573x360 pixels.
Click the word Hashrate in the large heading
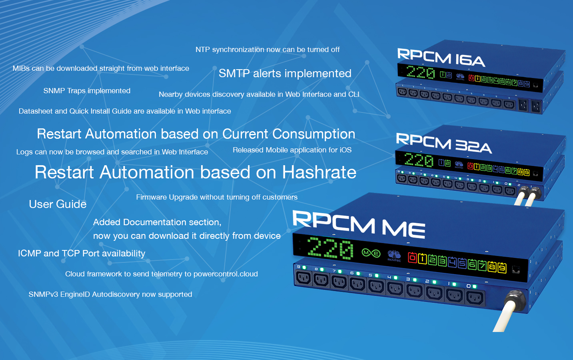click(x=319, y=172)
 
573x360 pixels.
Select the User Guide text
click(x=58, y=204)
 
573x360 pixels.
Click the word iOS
click(x=345, y=150)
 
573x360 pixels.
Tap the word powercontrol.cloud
click(x=226, y=274)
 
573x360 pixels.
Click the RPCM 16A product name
click(x=441, y=58)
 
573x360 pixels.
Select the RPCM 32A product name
click(x=444, y=143)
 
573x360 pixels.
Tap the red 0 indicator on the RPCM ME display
click(x=412, y=257)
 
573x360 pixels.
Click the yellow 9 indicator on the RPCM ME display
click(x=501, y=268)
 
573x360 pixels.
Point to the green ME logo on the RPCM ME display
click(x=371, y=253)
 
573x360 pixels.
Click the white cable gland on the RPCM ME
click(x=515, y=301)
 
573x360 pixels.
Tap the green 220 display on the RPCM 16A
click(x=420, y=72)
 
